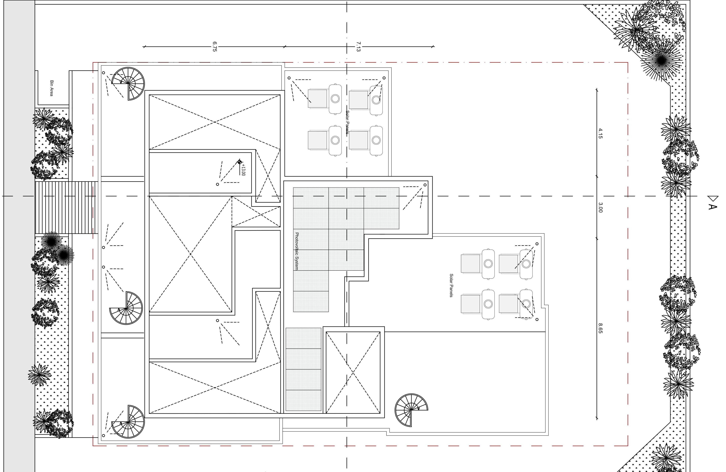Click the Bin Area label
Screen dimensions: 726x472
tap(52, 88)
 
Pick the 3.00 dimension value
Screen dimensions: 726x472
tap(600, 207)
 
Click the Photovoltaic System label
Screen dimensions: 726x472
tap(297, 251)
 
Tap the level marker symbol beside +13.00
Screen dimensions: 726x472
tap(239, 162)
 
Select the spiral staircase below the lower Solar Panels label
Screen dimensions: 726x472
tap(411, 410)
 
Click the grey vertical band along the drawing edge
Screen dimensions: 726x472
tap(19, 236)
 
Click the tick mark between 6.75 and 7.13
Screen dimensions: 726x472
tap(285, 47)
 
